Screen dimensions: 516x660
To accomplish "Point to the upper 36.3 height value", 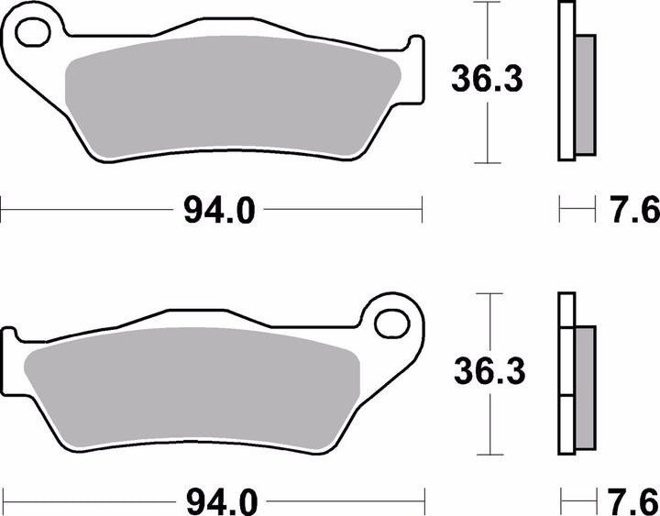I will pyautogui.click(x=486, y=82).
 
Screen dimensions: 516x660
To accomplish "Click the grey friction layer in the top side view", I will pyautogui.click(x=583, y=97).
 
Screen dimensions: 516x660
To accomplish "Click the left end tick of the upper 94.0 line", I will pyautogui.click(x=2, y=210).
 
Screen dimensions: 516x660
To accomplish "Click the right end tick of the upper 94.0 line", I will pyautogui.click(x=423, y=210).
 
